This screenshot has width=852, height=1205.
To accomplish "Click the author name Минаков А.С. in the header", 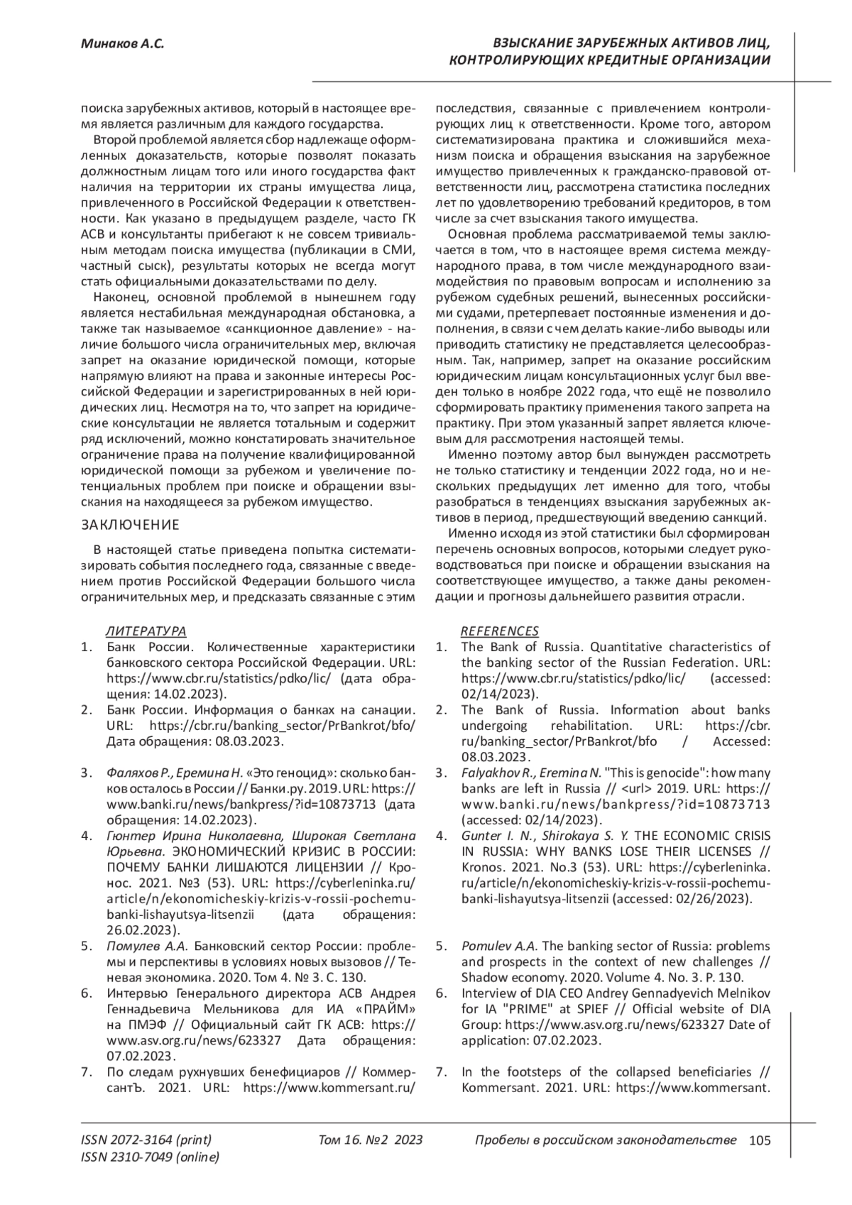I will (x=121, y=44).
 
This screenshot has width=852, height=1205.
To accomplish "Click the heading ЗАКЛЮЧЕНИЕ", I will (x=129, y=525).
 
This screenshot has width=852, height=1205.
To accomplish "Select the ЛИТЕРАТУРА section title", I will (x=146, y=631).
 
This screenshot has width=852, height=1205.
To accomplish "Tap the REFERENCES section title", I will (x=500, y=631).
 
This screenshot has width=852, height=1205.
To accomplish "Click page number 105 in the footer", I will (x=760, y=1140).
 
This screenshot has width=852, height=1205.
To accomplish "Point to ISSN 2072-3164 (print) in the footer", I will (x=146, y=1140).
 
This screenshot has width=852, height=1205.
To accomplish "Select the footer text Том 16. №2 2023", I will (x=371, y=1140).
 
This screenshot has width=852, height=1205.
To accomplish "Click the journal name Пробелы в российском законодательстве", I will (x=605, y=1140).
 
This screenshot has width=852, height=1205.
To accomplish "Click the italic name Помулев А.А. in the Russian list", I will (x=147, y=946).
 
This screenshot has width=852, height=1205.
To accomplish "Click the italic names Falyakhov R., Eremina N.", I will (x=531, y=772).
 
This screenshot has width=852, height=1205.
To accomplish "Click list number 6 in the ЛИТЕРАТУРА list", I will (x=85, y=993).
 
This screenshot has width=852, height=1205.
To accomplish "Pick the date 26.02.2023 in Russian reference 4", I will (x=133, y=929).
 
